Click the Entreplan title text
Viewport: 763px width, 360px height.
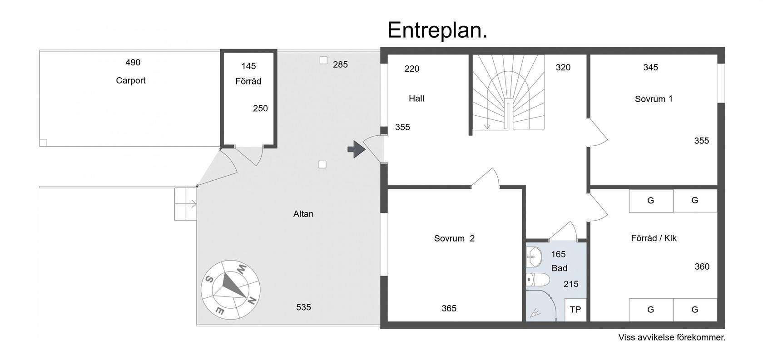tap(437, 30)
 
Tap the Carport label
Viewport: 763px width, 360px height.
tap(131, 81)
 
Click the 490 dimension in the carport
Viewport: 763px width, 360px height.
tap(133, 62)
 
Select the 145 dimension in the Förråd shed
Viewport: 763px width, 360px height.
tap(248, 66)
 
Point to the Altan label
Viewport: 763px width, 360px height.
tap(303, 214)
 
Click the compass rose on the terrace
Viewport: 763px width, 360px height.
tap(231, 290)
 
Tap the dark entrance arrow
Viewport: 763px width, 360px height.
tap(356, 149)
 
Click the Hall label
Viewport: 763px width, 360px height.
tap(416, 99)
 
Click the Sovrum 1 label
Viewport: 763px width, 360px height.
tap(654, 99)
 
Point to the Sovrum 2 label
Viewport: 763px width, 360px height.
tap(454, 238)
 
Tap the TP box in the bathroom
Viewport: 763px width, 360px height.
tap(575, 310)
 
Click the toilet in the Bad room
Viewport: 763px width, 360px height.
tap(538, 280)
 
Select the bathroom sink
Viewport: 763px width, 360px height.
tap(534, 257)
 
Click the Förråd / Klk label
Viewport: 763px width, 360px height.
tap(654, 238)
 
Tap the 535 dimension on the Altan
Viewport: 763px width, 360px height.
tap(303, 307)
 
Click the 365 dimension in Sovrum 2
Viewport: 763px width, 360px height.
tap(449, 308)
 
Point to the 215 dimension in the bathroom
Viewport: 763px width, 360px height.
tap(571, 284)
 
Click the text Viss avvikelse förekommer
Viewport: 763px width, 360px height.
tap(672, 337)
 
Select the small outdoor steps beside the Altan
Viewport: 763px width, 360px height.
tap(186, 204)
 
